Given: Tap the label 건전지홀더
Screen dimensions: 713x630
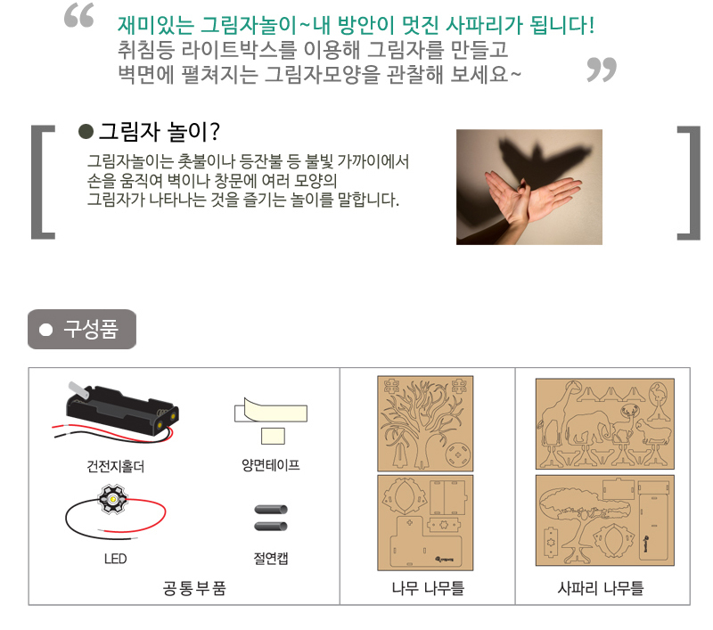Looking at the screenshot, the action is (x=116, y=466).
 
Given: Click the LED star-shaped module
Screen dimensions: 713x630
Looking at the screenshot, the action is (x=112, y=499).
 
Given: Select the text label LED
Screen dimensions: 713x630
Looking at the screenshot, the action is (x=116, y=559).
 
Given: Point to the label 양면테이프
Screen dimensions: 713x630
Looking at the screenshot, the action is (x=271, y=465).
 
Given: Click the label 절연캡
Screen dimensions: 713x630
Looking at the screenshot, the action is (x=271, y=558).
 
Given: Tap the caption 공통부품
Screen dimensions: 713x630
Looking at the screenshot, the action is (x=194, y=588).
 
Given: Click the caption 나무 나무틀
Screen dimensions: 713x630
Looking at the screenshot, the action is (x=428, y=588).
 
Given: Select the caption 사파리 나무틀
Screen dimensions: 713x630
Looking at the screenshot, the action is (x=600, y=588).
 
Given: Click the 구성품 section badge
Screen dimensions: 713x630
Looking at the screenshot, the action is (x=82, y=329).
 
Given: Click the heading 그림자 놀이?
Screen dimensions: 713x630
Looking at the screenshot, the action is (x=160, y=132).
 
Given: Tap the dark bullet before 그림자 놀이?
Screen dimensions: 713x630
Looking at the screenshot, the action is (x=86, y=131).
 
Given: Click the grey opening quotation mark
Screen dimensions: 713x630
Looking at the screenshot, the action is (x=79, y=15).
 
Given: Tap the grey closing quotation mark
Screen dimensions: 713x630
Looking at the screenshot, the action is (x=602, y=70).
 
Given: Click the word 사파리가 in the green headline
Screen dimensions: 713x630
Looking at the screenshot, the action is (x=485, y=25).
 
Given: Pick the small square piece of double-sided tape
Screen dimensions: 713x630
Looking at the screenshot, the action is (x=273, y=437).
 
